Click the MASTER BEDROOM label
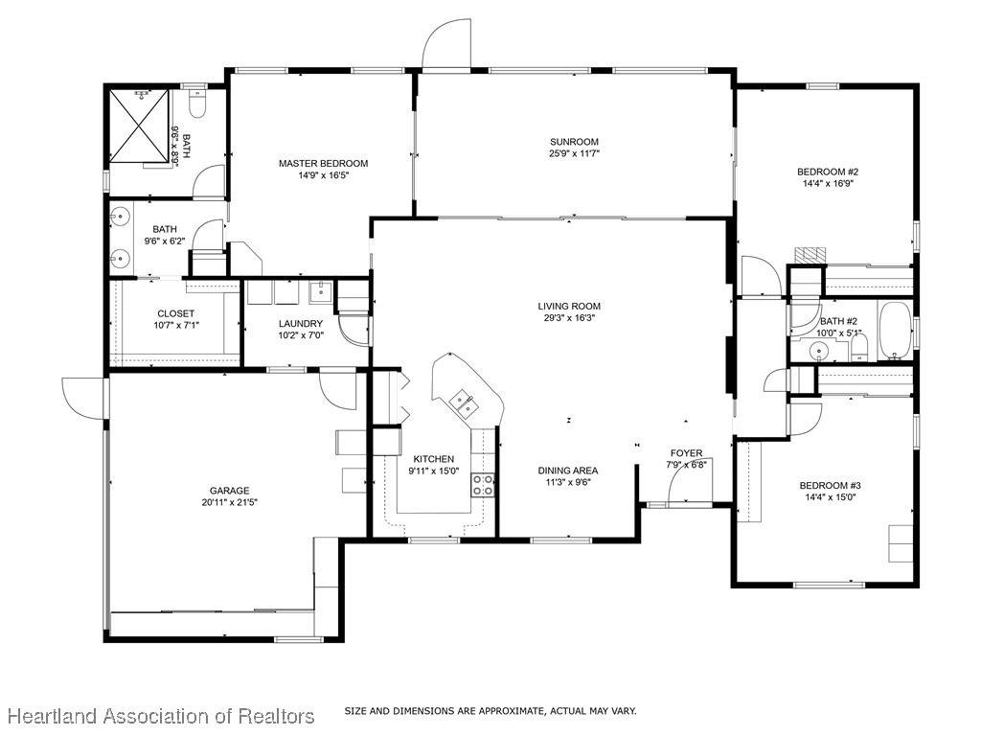click(324, 163)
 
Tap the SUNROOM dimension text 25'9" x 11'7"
click(575, 153)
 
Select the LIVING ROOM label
click(569, 306)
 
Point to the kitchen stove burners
click(483, 485)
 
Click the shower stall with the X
click(140, 126)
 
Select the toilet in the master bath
click(197, 104)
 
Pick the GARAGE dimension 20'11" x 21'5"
click(230, 502)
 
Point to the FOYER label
click(686, 453)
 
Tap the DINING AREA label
click(568, 471)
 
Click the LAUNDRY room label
click(300, 324)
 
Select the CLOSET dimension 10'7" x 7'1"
click(176, 325)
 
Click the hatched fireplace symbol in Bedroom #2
click(810, 255)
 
